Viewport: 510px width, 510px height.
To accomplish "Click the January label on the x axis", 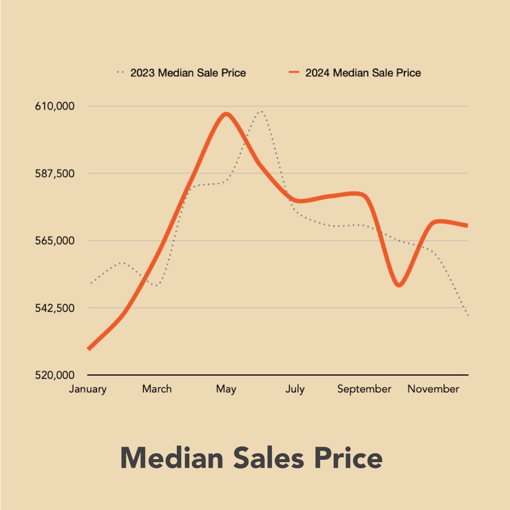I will coord(88,389).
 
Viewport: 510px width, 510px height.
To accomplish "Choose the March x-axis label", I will coord(157,389).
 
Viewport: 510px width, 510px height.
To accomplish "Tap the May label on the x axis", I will coord(226,389).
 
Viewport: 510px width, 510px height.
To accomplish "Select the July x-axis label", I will coord(295,389).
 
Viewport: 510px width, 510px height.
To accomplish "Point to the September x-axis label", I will coord(364,389).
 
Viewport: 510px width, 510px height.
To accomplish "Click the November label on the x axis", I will coord(433,389).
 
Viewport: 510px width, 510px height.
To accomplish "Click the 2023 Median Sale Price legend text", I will coord(188,73).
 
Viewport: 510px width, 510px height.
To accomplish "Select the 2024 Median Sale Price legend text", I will coord(363,73).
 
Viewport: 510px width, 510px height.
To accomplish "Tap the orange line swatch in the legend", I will coord(294,73).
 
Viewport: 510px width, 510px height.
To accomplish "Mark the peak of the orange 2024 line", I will coord(226,114).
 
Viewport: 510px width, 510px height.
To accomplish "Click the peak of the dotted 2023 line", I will coord(260,112).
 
